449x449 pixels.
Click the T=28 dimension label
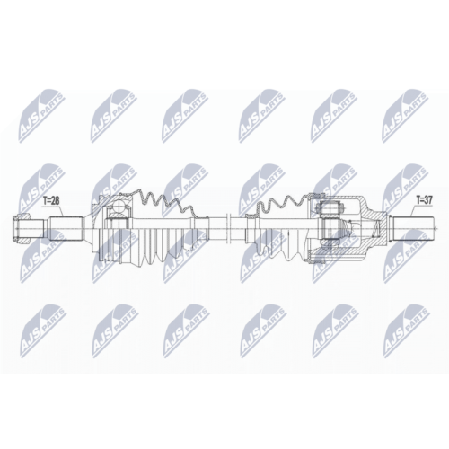[51, 200]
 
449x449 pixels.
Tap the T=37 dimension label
[424, 200]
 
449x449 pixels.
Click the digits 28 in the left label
[56, 200]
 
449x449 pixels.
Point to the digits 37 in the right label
[428, 200]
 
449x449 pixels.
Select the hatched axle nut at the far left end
[21, 229]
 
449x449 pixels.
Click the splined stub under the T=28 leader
[66, 229]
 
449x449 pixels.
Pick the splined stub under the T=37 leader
[414, 229]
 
